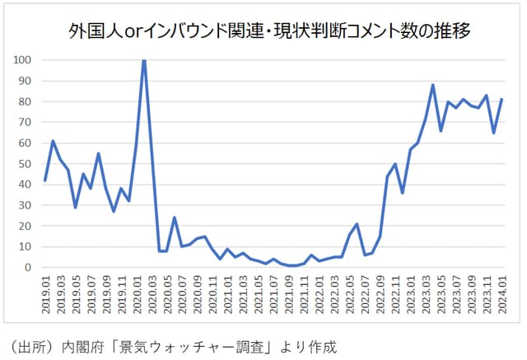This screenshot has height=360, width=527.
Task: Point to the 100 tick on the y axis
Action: click(x=22, y=60)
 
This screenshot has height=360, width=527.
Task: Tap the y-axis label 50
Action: click(x=26, y=164)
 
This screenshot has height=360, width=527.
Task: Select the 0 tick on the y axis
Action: click(x=28, y=268)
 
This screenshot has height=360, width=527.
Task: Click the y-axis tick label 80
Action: click(x=26, y=101)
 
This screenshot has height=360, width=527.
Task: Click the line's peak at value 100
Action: click(x=144, y=60)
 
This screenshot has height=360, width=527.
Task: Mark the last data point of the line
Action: click(x=501, y=100)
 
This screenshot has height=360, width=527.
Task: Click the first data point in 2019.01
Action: click(x=45, y=180)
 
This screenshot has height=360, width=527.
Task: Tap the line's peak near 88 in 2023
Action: click(x=433, y=85)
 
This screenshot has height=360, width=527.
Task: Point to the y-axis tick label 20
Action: click(x=26, y=227)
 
